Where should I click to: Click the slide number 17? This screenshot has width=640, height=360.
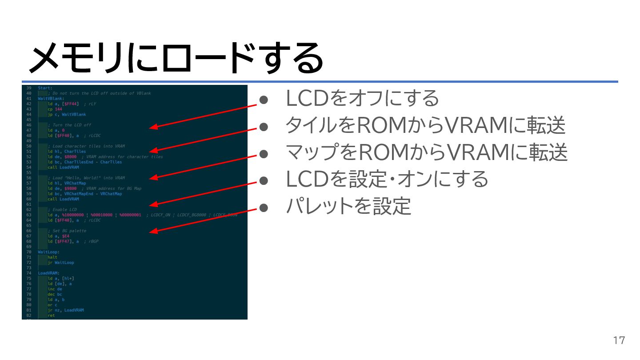(x=619, y=341)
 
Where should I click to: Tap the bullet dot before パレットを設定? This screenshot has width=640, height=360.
(x=264, y=207)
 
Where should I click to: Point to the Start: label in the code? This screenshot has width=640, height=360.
(x=45, y=88)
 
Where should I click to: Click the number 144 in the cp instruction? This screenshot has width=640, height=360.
(x=59, y=109)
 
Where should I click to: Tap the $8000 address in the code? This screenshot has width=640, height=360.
(x=70, y=157)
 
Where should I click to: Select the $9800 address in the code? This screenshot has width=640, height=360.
(x=70, y=188)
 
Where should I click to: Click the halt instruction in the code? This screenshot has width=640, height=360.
(x=52, y=257)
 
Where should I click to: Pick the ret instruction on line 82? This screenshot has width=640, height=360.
(x=51, y=316)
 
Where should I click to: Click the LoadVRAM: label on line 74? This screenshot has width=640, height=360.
(x=49, y=273)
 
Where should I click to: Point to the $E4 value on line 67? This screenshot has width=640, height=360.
(x=66, y=236)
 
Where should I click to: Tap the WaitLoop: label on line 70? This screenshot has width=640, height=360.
(x=49, y=252)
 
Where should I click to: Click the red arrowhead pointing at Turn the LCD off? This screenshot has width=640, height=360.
(x=152, y=128)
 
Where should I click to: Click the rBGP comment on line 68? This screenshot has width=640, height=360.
(x=93, y=241)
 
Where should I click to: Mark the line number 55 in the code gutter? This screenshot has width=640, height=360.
(x=28, y=172)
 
